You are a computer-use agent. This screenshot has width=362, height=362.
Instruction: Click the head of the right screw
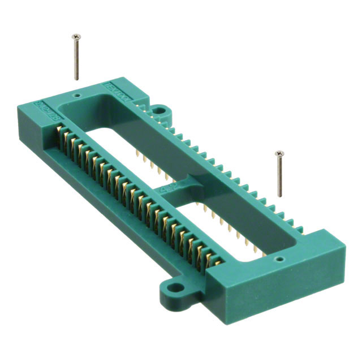point(278,153)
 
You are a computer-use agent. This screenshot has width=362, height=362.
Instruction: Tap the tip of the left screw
point(77,79)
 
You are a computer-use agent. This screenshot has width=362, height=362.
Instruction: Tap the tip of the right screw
point(281,195)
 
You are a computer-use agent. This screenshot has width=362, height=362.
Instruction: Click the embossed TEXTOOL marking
point(116,92)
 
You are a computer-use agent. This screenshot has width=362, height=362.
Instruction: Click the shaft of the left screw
point(76,59)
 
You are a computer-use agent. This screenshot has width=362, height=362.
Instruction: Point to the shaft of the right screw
point(279,176)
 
